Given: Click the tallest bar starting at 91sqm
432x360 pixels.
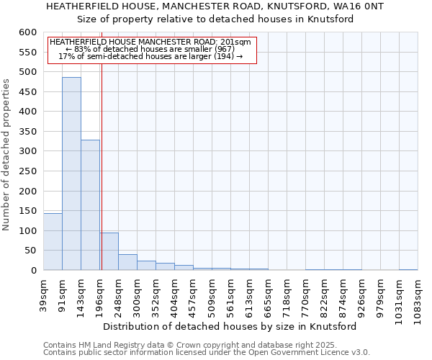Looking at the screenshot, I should [71, 174].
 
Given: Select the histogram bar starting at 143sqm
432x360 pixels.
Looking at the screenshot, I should [90, 205].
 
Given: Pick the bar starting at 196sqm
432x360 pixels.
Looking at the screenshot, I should [109, 251].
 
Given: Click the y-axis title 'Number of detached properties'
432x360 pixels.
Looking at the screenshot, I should [6, 155].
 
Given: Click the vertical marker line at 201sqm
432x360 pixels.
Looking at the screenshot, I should [102, 180].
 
